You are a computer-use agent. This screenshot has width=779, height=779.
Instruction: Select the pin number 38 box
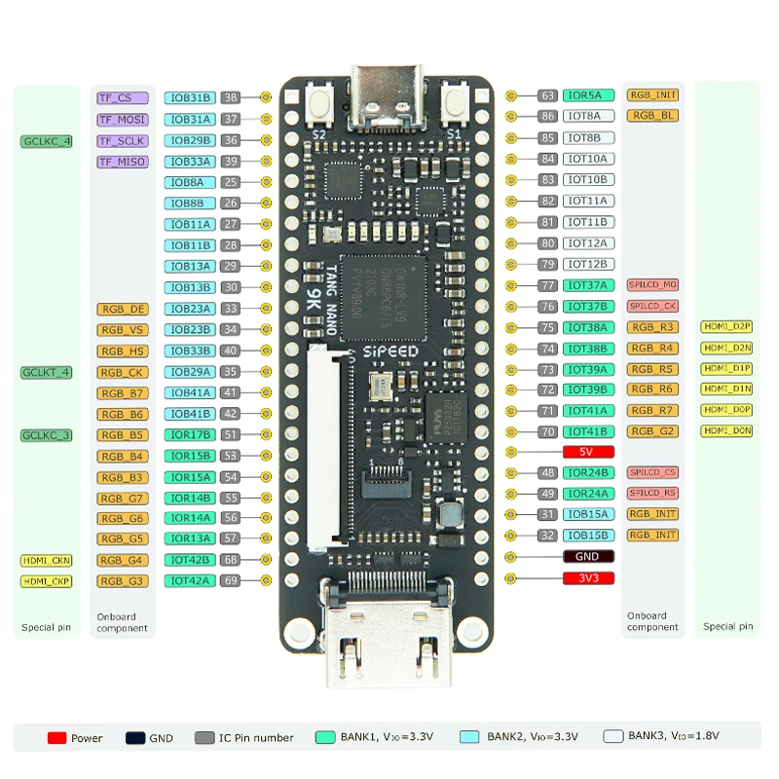click(231, 97)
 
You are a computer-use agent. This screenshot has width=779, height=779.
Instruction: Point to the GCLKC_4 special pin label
click(47, 141)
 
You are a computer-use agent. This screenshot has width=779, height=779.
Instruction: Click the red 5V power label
click(589, 452)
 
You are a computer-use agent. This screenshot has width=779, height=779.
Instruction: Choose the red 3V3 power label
click(589, 578)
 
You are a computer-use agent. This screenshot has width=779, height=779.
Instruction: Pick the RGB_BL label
click(652, 116)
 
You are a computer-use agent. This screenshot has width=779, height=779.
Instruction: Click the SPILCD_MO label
click(652, 285)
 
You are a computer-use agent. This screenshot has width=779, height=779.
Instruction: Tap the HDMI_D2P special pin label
click(726, 326)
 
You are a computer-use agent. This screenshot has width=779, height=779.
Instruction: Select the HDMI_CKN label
click(47, 561)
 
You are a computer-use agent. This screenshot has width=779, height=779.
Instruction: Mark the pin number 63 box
click(548, 95)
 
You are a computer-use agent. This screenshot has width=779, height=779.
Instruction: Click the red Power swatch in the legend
click(56, 738)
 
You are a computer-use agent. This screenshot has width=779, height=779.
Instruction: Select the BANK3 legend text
click(673, 737)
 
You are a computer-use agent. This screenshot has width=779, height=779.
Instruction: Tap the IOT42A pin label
click(189, 580)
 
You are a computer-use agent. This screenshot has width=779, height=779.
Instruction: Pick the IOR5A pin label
click(589, 95)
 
